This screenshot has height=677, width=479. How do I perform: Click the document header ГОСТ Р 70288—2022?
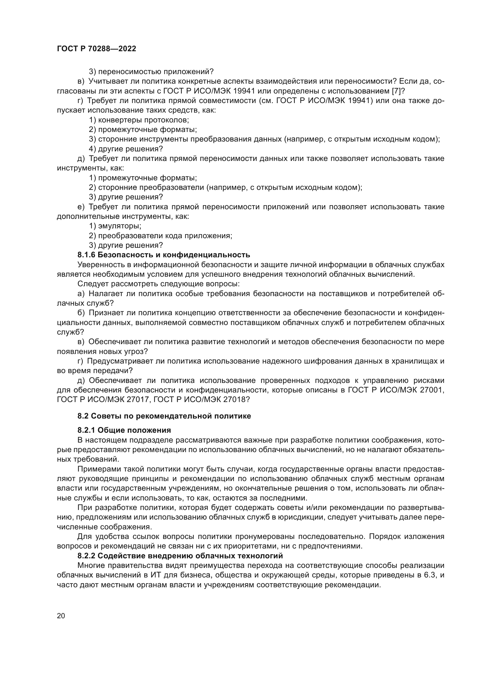[x=96, y=49]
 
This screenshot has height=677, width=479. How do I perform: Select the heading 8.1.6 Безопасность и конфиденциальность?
[x=164, y=255]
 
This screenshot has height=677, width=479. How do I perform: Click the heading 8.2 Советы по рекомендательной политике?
[x=164, y=416]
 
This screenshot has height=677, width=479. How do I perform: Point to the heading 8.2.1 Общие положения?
[x=124, y=430]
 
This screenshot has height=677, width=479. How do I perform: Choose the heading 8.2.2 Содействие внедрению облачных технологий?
[x=180, y=556]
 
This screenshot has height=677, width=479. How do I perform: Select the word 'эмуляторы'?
[x=119, y=226]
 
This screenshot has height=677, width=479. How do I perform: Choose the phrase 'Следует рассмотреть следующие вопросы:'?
[x=158, y=284]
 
